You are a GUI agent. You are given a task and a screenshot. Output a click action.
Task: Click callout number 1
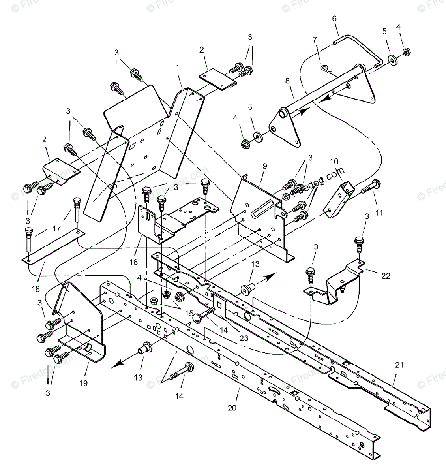coord(178,67)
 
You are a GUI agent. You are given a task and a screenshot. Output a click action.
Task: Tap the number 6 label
coord(334,19)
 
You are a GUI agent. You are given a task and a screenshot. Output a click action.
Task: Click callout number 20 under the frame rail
coord(232,408)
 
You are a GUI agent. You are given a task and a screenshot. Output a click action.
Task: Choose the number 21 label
coord(399,365)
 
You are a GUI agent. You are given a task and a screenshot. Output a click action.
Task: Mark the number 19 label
coord(83,383)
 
